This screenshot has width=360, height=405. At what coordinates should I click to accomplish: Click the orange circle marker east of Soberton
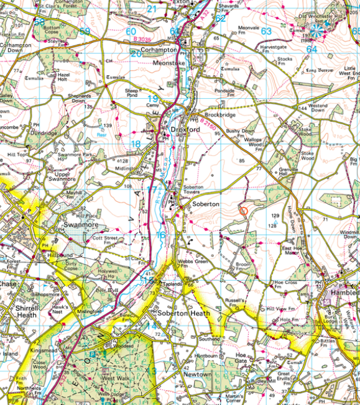coord(243,211)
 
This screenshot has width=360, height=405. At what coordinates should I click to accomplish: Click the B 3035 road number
coord(143,40)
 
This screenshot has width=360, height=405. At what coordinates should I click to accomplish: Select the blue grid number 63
coord(267,31)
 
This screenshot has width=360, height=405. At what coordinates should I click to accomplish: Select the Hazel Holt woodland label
coord(68,76)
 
